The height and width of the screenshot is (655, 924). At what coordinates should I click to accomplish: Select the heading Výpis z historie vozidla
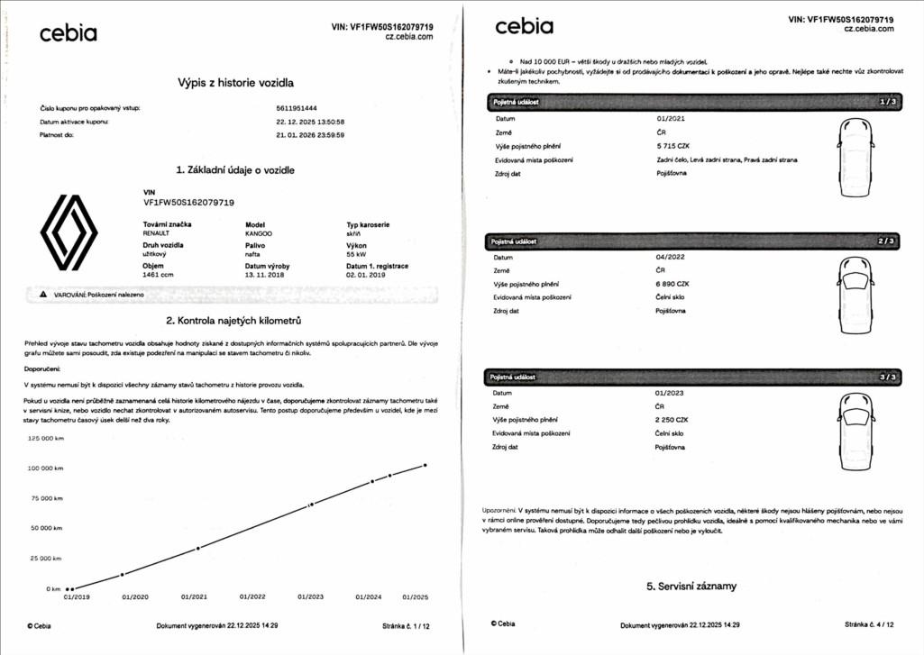(236, 83)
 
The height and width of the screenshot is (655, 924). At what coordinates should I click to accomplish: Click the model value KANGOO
(260, 233)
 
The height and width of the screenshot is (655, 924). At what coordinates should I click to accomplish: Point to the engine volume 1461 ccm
(159, 275)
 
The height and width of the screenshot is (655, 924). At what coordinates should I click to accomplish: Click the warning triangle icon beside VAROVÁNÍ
(42, 295)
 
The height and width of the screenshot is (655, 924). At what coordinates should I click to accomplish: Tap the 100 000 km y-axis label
(45, 469)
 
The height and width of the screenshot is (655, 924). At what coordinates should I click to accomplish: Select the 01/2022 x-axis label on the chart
(252, 596)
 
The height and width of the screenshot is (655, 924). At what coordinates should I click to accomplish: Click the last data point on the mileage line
(425, 465)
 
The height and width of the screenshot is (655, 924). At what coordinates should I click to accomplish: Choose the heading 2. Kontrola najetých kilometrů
(233, 321)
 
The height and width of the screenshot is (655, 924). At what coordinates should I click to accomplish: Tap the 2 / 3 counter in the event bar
(887, 241)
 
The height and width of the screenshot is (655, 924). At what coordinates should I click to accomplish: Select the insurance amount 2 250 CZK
(672, 420)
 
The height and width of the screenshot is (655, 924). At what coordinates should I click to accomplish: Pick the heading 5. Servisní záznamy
(691, 587)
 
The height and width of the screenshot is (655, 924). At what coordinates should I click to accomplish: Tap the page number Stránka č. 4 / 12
(869, 623)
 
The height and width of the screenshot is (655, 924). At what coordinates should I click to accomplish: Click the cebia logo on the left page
(68, 34)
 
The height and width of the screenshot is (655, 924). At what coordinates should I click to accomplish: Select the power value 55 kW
(356, 254)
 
